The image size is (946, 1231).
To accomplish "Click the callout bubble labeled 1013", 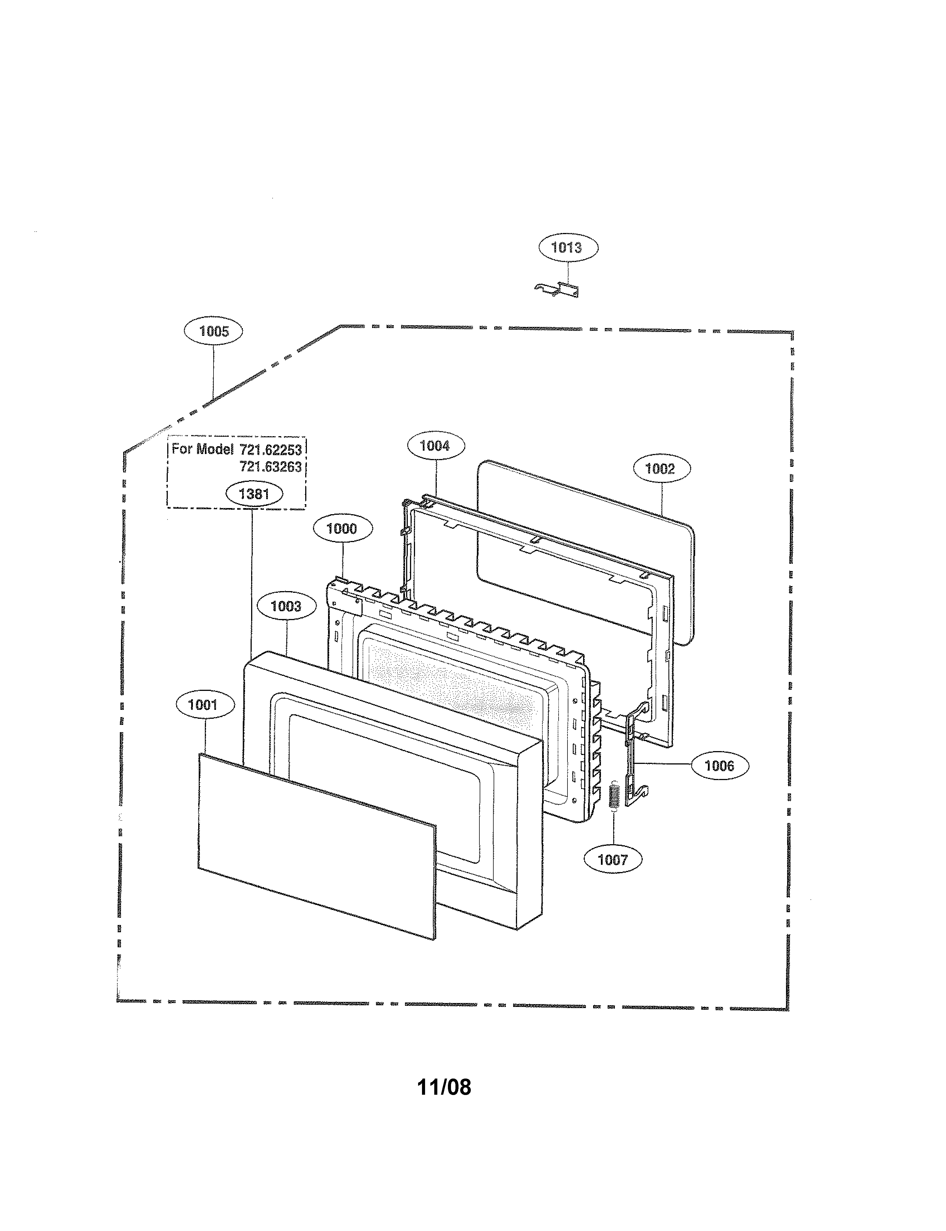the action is tap(568, 248).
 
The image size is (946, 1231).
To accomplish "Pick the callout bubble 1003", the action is tap(286, 606).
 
